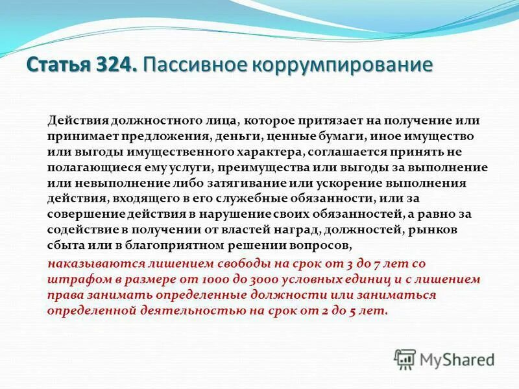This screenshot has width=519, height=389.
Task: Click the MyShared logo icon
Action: [405, 359]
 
